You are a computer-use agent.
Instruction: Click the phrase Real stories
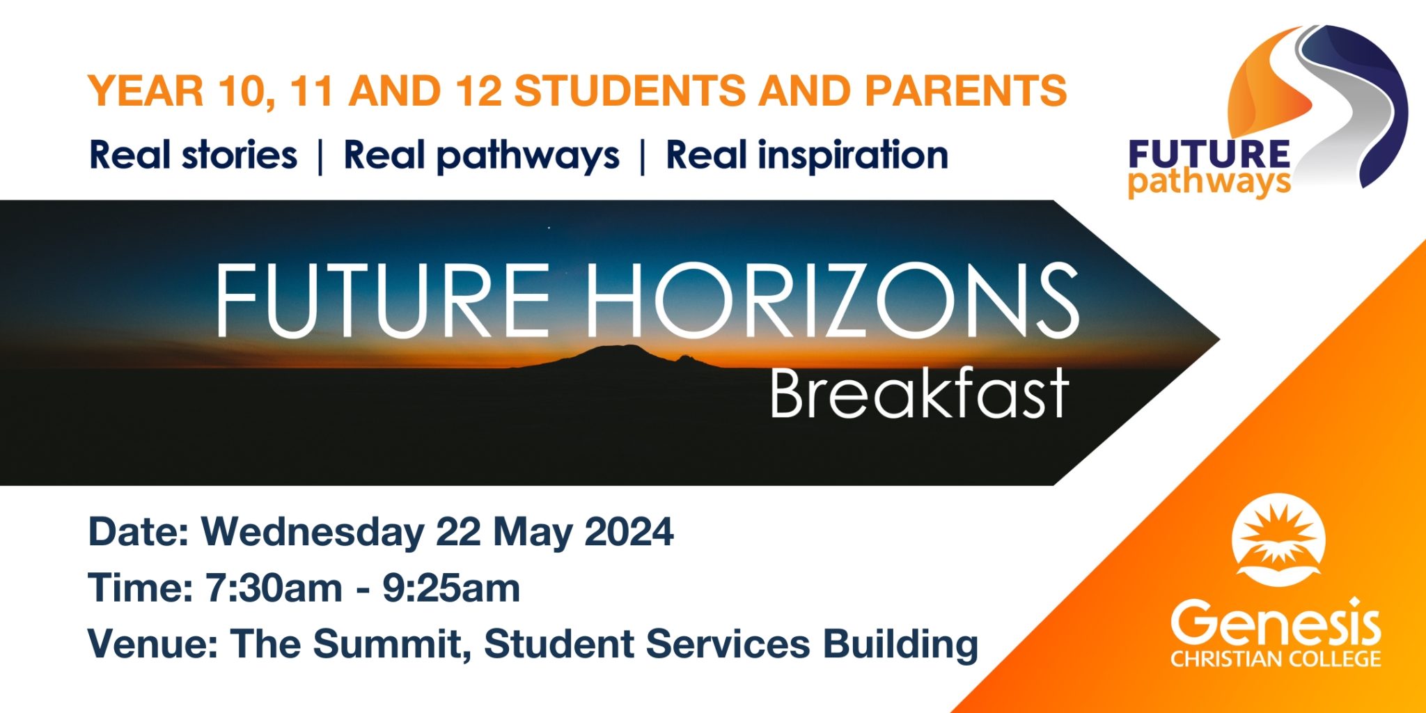coord(194,155)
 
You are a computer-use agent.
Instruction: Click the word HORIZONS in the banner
coord(833,300)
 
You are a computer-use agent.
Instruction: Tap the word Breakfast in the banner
coord(919,393)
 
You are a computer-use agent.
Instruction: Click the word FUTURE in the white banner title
coord(384,300)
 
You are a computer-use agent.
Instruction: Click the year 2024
coord(629,533)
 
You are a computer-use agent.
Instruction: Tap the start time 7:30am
coord(274,588)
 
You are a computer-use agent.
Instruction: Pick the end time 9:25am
coord(451,588)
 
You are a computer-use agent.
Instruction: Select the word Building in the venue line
coord(900,645)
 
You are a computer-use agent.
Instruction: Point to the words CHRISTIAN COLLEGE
coord(1276,659)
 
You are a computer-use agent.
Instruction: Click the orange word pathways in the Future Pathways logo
coord(1209,183)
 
